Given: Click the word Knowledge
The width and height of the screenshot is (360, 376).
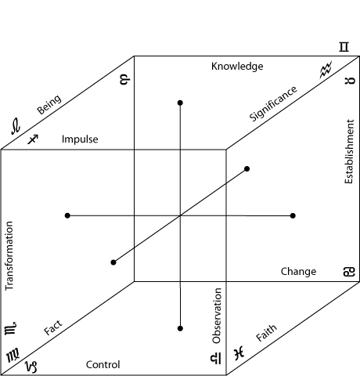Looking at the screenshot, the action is (237, 67).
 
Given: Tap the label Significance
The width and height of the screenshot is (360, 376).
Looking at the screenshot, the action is (273, 103).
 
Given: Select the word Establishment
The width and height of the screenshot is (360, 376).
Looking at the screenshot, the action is (349, 152).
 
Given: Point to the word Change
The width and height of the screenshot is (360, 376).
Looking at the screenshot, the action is (298, 272).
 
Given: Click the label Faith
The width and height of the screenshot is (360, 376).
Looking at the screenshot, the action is (266, 333).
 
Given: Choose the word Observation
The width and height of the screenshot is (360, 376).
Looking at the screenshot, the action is (217, 316).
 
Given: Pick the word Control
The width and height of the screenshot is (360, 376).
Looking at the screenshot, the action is (103, 364).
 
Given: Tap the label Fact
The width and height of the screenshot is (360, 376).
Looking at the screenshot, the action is (53, 327).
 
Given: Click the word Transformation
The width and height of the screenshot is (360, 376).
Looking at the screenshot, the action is (9, 255).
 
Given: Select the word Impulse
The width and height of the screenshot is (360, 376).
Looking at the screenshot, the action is (80, 139).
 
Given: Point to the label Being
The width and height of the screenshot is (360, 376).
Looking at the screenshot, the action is (49, 104).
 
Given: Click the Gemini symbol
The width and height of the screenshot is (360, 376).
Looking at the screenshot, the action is (344, 47).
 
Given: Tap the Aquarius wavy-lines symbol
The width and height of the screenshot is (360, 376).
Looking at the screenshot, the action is (326, 70).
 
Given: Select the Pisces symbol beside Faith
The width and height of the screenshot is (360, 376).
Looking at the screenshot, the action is (239, 353).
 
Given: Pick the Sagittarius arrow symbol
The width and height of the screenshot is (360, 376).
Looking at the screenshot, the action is (33, 139).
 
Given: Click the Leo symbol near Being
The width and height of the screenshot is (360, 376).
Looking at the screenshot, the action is (16, 126).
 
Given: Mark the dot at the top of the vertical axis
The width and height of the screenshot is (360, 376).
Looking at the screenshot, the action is (180, 103).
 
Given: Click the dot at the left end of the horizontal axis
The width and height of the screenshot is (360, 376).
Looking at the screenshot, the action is (67, 215).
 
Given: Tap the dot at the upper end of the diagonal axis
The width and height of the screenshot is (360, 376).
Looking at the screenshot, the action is (247, 169).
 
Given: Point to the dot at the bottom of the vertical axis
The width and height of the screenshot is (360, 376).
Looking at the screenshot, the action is (180, 328).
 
